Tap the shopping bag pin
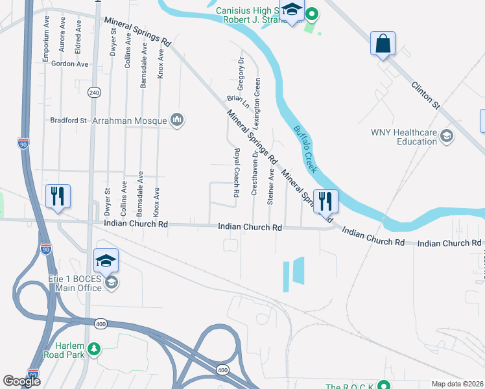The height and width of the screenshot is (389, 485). point(383,44)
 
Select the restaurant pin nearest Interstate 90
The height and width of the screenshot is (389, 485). point(58,196)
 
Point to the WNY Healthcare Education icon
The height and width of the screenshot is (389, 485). point(446,136)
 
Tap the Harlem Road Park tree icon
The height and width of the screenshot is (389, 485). point(94,350)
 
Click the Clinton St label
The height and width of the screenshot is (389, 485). point(425,95)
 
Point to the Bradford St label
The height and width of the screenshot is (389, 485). point(69,121)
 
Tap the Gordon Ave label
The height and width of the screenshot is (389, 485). point(70,64)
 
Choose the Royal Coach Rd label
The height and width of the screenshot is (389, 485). point(237,172)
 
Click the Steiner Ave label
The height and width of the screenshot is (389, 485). point(271,187)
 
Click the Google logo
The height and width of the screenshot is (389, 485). point(22,381)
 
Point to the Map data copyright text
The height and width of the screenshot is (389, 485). point(457,384)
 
